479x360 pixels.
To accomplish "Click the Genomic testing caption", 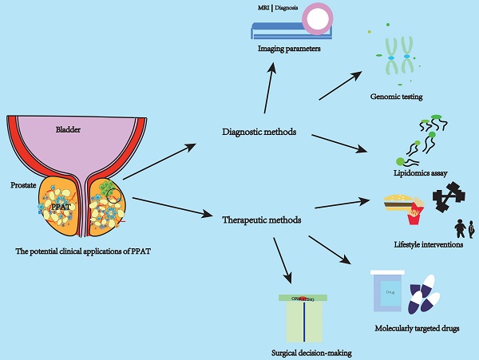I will click(396, 97).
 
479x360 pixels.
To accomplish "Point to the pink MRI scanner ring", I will click(323, 20).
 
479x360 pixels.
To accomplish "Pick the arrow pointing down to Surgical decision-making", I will click(283, 259).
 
